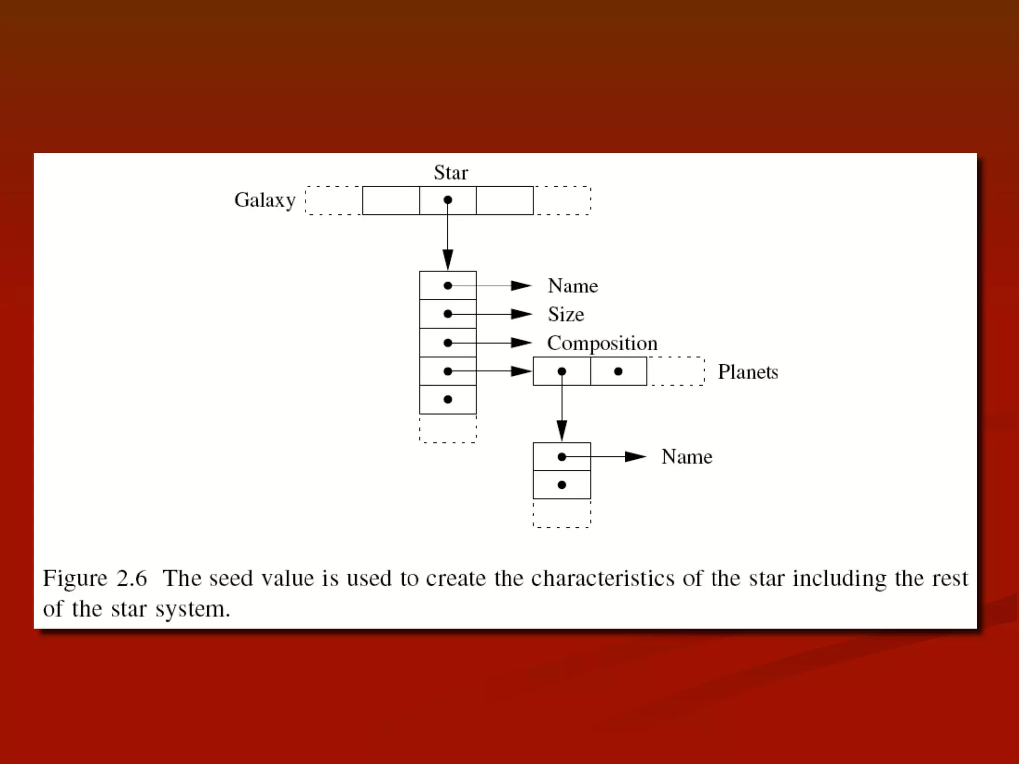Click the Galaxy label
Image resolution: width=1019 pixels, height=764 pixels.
[x=265, y=200]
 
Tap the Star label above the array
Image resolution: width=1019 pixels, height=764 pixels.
[x=451, y=173]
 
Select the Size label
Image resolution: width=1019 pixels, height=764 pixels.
[x=566, y=314]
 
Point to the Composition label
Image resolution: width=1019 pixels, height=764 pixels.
[x=602, y=343]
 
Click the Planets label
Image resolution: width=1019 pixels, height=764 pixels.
[x=748, y=372]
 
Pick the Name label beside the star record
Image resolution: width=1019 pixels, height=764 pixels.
[x=573, y=286]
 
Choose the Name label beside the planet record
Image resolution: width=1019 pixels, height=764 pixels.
[x=687, y=457]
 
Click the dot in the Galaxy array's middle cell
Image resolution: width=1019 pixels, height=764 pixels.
[x=448, y=200]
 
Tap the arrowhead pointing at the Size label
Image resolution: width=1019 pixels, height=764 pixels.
[x=521, y=314]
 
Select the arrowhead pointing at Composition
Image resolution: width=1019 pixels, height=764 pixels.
[x=521, y=343]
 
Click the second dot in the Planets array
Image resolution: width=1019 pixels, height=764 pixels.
[x=618, y=371]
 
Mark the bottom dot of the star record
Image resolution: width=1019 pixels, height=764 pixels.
[x=448, y=399]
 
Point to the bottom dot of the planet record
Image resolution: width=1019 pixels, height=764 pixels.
[x=562, y=485]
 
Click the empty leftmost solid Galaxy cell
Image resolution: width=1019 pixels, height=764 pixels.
[x=391, y=200]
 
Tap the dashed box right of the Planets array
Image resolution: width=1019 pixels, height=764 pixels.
[x=676, y=371]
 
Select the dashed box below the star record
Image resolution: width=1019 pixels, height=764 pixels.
[x=448, y=428]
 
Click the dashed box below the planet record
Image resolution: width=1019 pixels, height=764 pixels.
[x=562, y=513]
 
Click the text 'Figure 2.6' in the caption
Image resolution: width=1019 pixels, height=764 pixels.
[x=95, y=578]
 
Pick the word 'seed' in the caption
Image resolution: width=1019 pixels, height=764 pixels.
[x=231, y=578]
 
